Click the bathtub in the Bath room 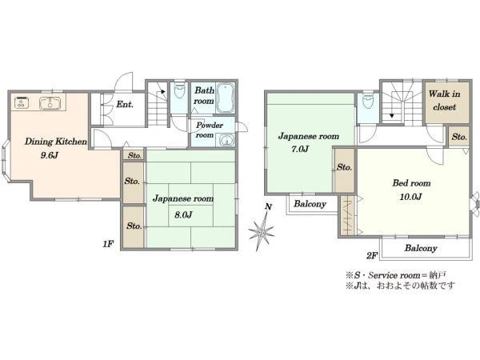click(226, 98)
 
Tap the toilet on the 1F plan click(179, 90)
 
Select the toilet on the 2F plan click(367, 100)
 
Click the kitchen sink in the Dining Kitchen click(50, 103)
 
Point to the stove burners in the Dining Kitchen click(22, 102)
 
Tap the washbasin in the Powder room click(226, 141)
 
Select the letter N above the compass click(269, 207)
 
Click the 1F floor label click(108, 244)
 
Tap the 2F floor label click(372, 255)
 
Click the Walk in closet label click(445, 101)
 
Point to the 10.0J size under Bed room click(410, 197)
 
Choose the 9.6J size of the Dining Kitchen click(50, 155)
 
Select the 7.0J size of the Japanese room click(298, 150)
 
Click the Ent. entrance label click(125, 104)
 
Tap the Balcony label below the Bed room click(421, 248)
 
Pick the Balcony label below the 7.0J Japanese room click(310, 204)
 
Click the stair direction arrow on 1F click(162, 91)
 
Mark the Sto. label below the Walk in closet click(459, 137)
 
